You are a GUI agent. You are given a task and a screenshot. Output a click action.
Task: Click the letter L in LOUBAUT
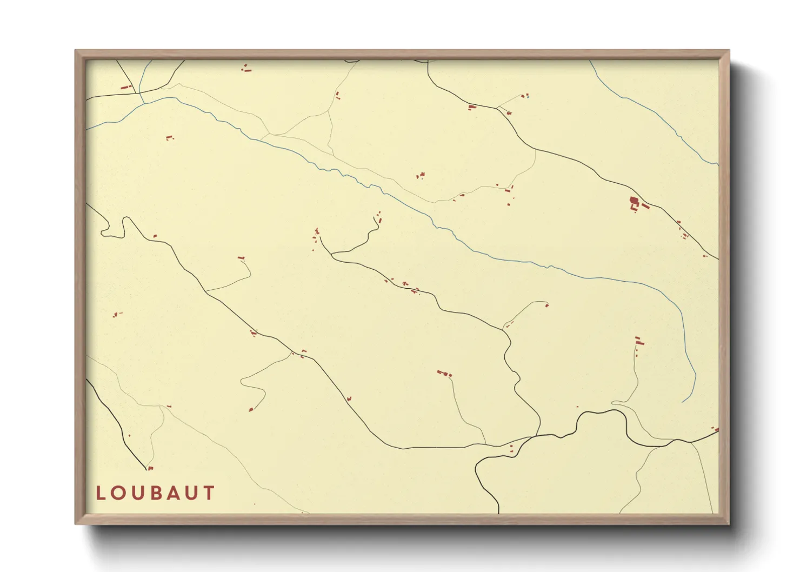click(101, 493)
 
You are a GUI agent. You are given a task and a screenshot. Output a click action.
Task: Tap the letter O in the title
click(118, 493)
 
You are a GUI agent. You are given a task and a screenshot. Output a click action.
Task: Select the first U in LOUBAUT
click(137, 493)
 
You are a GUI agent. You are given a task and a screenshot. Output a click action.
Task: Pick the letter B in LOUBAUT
click(156, 493)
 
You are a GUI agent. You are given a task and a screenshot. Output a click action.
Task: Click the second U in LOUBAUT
click(192, 493)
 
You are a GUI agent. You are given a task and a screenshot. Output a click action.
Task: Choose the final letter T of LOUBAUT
click(209, 493)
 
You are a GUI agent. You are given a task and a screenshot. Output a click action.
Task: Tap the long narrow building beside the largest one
click(645, 206)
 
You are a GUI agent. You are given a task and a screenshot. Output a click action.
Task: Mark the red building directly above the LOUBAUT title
click(150, 468)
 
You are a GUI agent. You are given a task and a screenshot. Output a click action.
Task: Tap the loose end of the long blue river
click(683, 402)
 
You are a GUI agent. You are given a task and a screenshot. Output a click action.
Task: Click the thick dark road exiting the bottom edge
click(498, 508)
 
